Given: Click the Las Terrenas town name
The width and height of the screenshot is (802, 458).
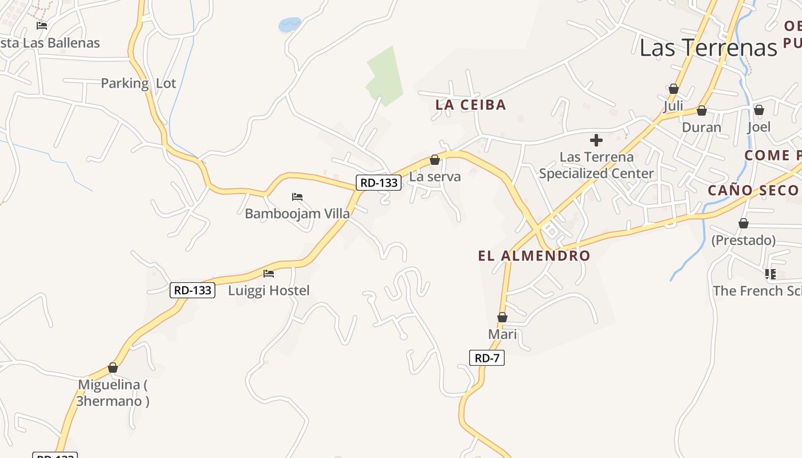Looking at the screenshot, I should pyautogui.click(x=708, y=48).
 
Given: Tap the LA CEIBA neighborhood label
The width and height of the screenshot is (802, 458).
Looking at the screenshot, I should pyautogui.click(x=470, y=105).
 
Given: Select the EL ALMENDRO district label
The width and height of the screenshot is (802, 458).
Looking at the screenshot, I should pyautogui.click(x=534, y=256).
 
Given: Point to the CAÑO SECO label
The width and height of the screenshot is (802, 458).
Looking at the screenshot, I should pyautogui.click(x=753, y=191).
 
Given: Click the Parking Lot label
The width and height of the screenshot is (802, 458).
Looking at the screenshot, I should pyautogui.click(x=138, y=84).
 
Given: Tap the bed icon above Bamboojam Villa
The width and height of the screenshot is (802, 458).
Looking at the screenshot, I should pyautogui.click(x=297, y=197).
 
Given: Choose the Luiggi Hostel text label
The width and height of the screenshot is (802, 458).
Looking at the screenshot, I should pyautogui.click(x=269, y=291).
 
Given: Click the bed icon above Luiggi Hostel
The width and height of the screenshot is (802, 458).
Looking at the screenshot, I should pyautogui.click(x=268, y=274).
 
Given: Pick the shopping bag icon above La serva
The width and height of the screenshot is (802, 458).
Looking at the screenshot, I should pyautogui.click(x=435, y=160).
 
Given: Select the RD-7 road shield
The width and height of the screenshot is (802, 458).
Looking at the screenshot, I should pyautogui.click(x=487, y=358).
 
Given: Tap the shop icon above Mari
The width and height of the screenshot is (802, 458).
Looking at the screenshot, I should pyautogui.click(x=502, y=317).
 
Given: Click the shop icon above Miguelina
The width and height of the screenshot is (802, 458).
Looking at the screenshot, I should pyautogui.click(x=113, y=368).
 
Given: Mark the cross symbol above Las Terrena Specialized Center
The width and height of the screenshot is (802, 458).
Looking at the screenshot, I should pyautogui.click(x=596, y=140).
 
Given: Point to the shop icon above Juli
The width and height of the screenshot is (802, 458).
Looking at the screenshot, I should pyautogui.click(x=674, y=89).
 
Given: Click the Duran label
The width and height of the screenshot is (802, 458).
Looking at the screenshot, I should pyautogui.click(x=701, y=127).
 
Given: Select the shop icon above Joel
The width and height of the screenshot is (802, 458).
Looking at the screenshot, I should pyautogui.click(x=759, y=110).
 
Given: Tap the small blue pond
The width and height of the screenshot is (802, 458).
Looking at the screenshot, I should pyautogui.click(x=289, y=25).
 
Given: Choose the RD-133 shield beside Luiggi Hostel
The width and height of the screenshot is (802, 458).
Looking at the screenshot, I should pyautogui.click(x=192, y=290).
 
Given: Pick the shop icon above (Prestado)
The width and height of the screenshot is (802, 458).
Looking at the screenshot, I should pyautogui.click(x=744, y=223).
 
